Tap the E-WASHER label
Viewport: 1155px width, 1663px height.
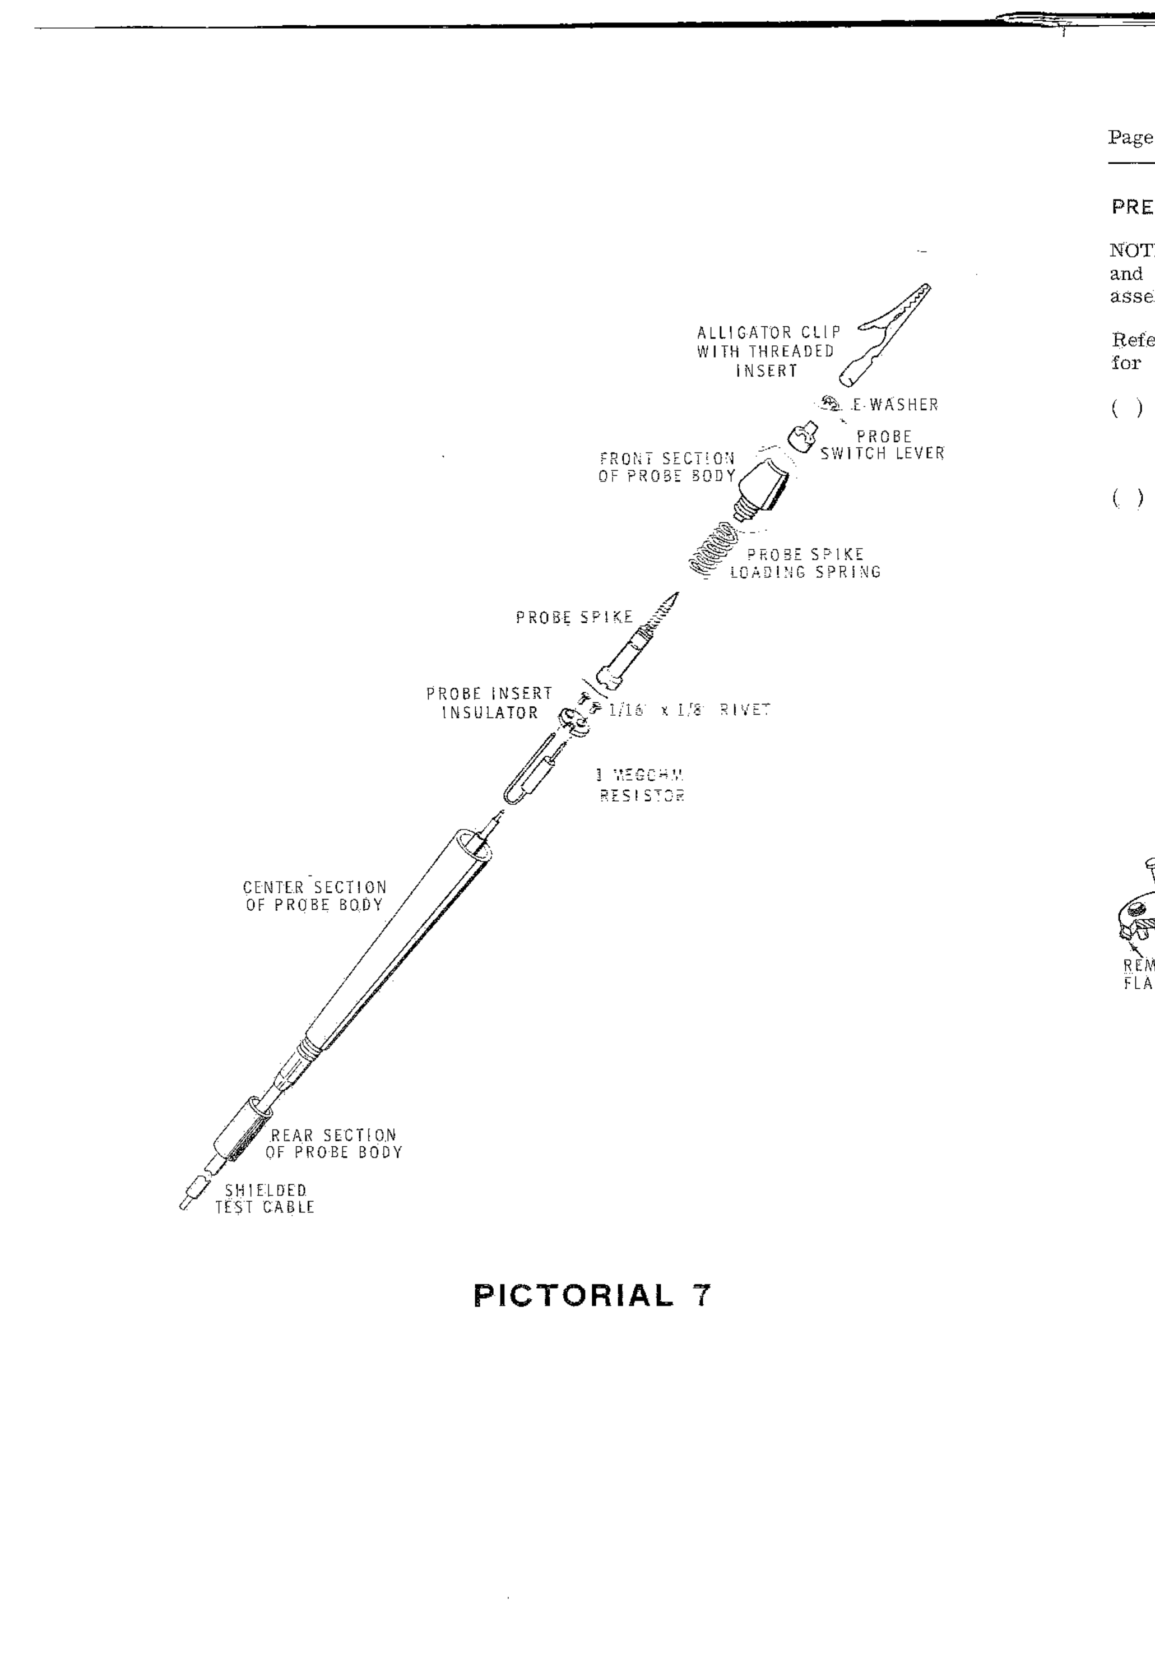(894, 405)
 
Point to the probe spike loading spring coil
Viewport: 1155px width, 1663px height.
(713, 549)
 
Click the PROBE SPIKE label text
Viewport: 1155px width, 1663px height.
(574, 617)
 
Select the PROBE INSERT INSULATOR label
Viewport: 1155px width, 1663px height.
(489, 703)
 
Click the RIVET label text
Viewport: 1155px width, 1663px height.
(745, 710)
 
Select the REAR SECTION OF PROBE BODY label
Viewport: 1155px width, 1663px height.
(333, 1143)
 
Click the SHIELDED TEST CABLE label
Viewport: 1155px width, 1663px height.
(266, 1198)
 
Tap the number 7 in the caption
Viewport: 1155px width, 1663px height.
(701, 1295)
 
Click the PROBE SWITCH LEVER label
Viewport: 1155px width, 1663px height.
(882, 445)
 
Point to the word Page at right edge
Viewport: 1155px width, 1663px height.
(1130, 137)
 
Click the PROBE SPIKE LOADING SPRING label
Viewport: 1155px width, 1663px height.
(805, 563)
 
